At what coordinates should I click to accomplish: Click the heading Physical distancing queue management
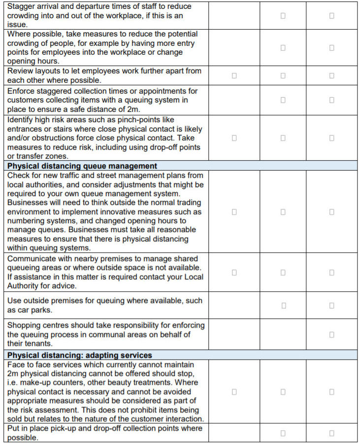82,166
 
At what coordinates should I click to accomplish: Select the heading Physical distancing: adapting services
80,355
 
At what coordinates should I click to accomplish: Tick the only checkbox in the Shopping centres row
331,335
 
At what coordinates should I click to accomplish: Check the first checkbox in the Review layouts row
234,75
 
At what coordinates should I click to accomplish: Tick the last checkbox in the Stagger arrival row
331,16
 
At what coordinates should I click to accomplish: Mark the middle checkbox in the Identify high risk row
283,138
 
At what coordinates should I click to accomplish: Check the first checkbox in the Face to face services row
234,392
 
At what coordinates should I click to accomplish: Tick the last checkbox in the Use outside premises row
331,306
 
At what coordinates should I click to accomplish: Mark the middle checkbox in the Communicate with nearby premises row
283,273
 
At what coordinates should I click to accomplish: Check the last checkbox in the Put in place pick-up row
331,433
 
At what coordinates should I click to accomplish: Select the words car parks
34,310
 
